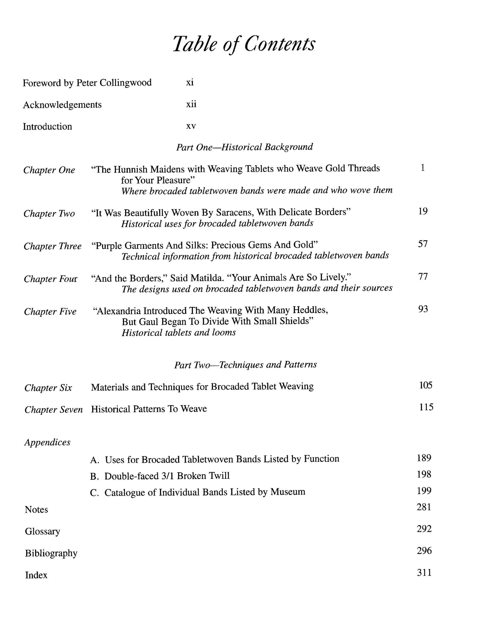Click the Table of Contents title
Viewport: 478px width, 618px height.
tap(244, 44)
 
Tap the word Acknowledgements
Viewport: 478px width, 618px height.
tap(62, 105)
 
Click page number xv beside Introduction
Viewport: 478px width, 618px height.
tap(191, 126)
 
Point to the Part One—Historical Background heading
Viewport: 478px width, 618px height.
tap(244, 147)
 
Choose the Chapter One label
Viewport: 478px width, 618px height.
tap(49, 170)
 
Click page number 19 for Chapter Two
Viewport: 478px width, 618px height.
tap(423, 211)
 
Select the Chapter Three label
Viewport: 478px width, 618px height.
tap(52, 246)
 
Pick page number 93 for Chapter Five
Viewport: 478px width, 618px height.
tap(423, 309)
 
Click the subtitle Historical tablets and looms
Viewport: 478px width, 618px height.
tap(179, 332)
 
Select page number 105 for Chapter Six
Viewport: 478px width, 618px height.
tap(425, 385)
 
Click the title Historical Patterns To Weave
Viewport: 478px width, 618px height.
tap(149, 409)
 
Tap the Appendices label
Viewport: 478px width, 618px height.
tap(47, 442)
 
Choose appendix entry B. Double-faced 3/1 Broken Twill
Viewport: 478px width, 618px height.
tap(160, 476)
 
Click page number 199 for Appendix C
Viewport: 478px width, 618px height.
tap(424, 491)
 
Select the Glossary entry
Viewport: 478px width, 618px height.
tap(42, 531)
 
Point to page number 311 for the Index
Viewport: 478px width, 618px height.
tap(424, 572)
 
